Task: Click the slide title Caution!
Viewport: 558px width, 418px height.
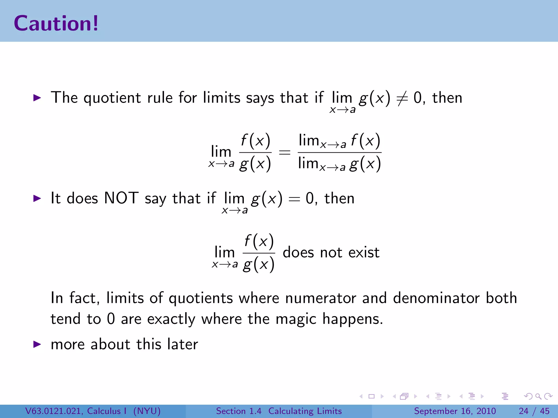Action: coord(56,23)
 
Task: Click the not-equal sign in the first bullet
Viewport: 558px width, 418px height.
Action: coord(402,99)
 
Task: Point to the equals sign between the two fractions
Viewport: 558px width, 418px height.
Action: coord(284,152)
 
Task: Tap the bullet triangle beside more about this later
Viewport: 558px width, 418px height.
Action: coord(37,344)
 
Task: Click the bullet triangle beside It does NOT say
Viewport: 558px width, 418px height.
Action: coord(37,198)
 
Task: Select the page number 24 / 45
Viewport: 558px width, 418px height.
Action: coord(534,411)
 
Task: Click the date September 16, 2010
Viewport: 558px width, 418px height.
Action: coord(455,411)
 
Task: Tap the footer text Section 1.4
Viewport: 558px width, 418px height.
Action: coord(238,411)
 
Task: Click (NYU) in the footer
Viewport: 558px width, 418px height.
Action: coord(147,411)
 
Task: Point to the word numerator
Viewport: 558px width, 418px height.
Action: coord(320,298)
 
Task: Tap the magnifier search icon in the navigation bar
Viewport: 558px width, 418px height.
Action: coord(538,396)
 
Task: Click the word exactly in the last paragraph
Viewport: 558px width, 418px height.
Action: coord(171,319)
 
